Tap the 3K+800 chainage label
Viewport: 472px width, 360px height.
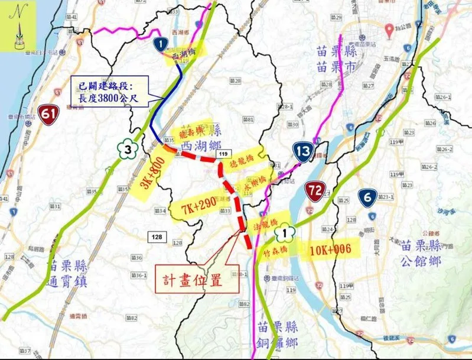(152, 172)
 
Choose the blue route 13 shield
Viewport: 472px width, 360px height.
(302, 152)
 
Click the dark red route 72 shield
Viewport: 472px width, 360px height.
(315, 190)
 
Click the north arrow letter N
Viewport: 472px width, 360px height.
(21, 10)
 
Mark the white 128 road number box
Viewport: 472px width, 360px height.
(156, 236)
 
